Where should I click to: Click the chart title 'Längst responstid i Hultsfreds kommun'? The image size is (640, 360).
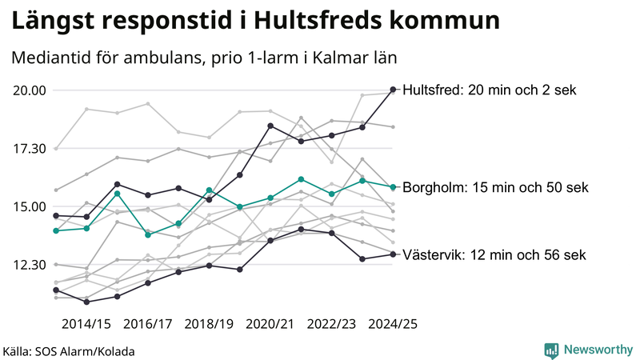pyautogui.click(x=257, y=22)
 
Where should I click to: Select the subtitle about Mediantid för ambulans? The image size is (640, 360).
pyautogui.click(x=205, y=58)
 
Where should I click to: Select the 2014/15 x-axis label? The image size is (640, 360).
pyautogui.click(x=86, y=324)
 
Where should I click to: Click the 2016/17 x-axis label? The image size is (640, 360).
pyautogui.click(x=148, y=324)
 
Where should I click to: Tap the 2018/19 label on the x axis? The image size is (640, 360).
pyautogui.click(x=209, y=324)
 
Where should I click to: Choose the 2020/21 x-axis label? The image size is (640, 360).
pyautogui.click(x=270, y=324)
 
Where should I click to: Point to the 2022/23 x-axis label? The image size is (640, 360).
pyautogui.click(x=331, y=324)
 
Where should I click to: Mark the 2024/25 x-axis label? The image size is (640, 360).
pyautogui.click(x=393, y=324)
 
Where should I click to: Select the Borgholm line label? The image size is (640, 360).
pyautogui.click(x=495, y=188)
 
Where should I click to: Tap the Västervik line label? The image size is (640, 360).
pyautogui.click(x=494, y=255)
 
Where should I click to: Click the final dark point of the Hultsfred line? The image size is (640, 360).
pyautogui.click(x=392, y=90)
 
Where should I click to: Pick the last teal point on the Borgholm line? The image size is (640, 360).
pyautogui.click(x=392, y=187)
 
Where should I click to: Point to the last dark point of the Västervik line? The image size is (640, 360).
pyautogui.click(x=392, y=254)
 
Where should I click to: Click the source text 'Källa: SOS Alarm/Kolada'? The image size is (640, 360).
pyautogui.click(x=68, y=351)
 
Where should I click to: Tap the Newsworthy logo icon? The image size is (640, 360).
pyautogui.click(x=551, y=350)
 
